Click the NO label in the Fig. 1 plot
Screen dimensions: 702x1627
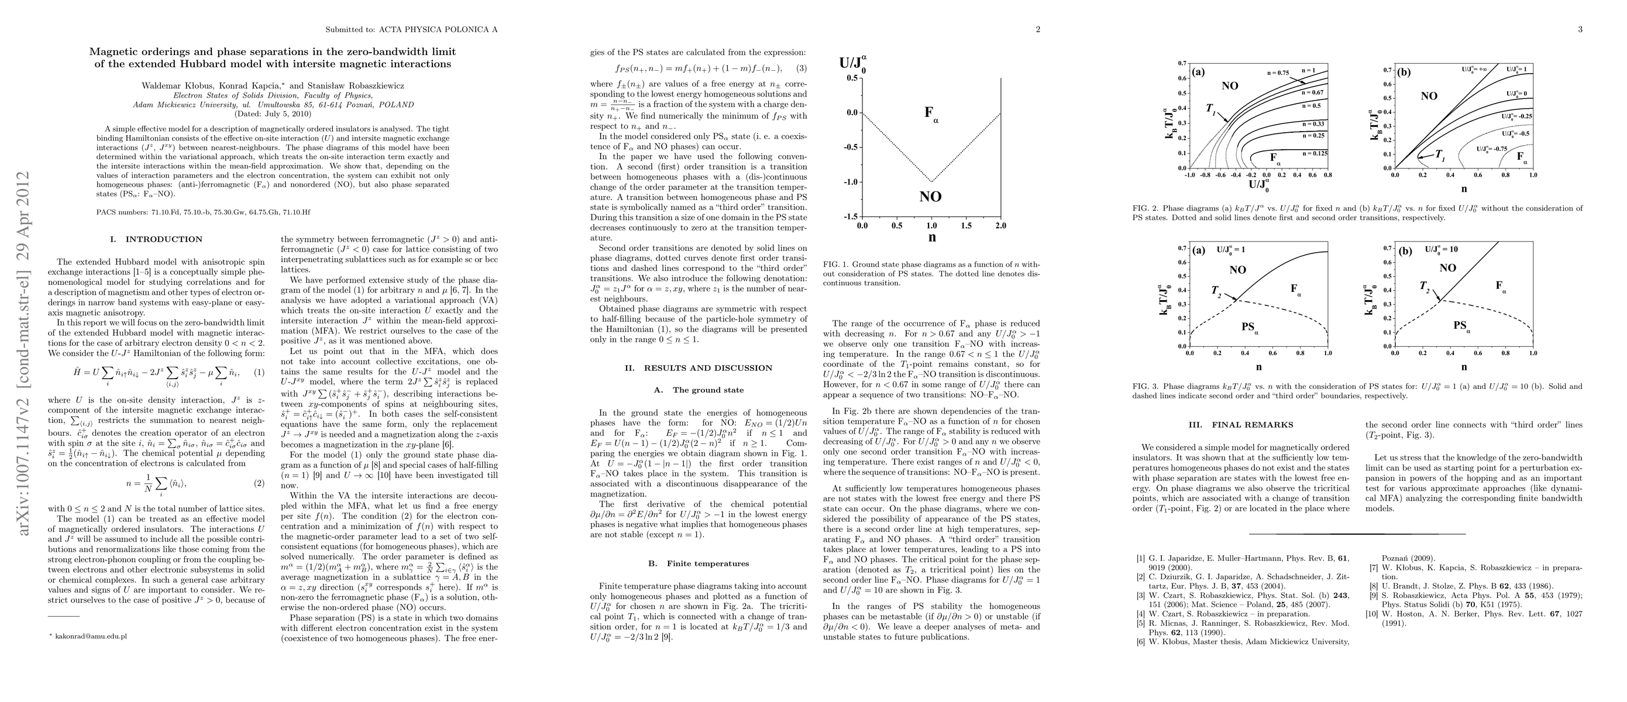pyautogui.click(x=930, y=197)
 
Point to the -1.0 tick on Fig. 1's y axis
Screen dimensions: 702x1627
pyautogui.click(x=849, y=182)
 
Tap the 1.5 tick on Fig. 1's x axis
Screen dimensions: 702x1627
pyautogui.click(x=966, y=225)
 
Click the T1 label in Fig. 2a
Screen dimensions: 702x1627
pyautogui.click(x=1210, y=109)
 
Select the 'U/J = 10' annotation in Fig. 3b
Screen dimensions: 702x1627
pyautogui.click(x=1442, y=249)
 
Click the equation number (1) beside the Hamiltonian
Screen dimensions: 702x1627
pyautogui.click(x=259, y=373)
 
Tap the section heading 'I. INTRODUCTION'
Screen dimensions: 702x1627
pyautogui.click(x=156, y=239)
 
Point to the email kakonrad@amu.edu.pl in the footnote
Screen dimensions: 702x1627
pyautogui.click(x=91, y=636)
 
